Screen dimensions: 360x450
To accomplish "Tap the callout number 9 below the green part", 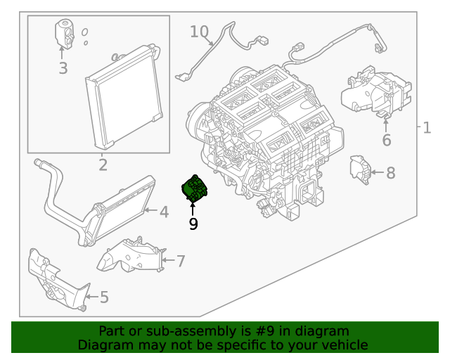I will (x=193, y=224).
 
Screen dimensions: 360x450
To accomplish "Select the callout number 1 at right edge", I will (x=427, y=127).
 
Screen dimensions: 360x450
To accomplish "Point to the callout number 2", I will (x=103, y=165).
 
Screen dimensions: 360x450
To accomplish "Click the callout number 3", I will (x=63, y=68).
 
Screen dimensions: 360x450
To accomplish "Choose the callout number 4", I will (x=163, y=212).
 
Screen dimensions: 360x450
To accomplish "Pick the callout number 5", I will (x=104, y=297).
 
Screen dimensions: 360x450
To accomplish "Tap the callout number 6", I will (x=386, y=141).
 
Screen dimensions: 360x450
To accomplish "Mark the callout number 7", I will (x=181, y=262).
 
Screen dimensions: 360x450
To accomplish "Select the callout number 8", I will (x=391, y=172).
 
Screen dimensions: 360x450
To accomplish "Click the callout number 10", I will (x=200, y=32).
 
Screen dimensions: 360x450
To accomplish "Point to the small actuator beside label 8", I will (x=359, y=169).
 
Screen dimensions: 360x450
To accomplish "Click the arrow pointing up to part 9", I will (x=193, y=208).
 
